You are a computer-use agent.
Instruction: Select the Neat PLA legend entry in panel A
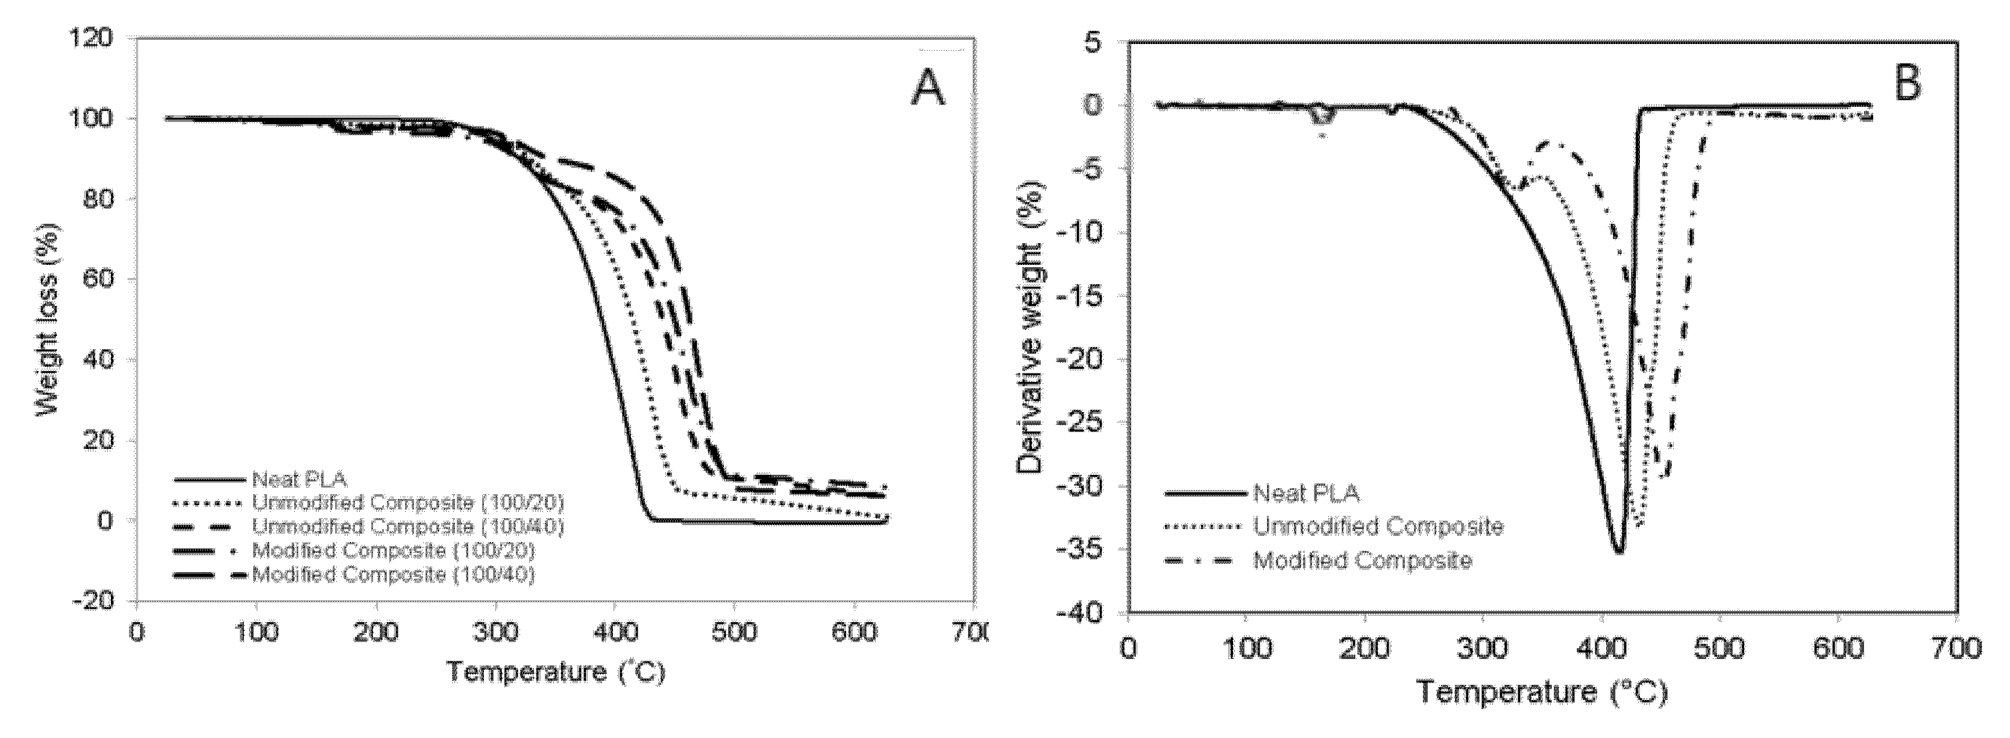point(299,479)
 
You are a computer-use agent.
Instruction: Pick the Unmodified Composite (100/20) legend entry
point(407,502)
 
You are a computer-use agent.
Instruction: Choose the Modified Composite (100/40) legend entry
point(393,575)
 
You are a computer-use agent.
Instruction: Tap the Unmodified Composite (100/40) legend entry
point(407,526)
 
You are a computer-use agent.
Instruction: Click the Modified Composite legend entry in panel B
point(1361,561)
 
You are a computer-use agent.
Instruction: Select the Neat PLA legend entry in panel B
point(1305,493)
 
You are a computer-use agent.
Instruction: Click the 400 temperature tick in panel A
point(615,632)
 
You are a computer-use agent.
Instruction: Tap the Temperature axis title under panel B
point(1540,692)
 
